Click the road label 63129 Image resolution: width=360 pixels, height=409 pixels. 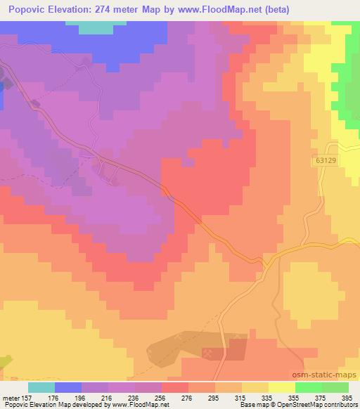pyautogui.click(x=325, y=161)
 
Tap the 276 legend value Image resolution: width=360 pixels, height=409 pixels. pyautogui.click(x=188, y=396)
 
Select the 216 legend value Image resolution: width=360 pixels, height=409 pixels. pyautogui.click(x=108, y=396)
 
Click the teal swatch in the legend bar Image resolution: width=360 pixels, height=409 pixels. pyautogui.click(x=41, y=387)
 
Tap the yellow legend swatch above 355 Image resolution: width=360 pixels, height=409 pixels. pyautogui.click(x=282, y=387)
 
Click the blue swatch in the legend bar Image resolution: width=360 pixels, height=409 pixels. pyautogui.click(x=68, y=387)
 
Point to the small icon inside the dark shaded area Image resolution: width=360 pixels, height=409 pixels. pyautogui.click(x=207, y=353)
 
